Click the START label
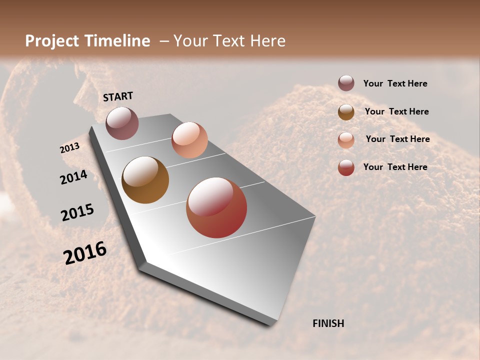[118, 96]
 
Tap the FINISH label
[328, 323]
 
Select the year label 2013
[70, 148]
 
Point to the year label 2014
[74, 177]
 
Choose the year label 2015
[77, 212]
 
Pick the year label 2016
[85, 252]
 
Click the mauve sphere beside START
[122, 123]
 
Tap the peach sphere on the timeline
[189, 140]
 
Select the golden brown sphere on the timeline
[145, 180]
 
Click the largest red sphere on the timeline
[216, 207]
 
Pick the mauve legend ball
[346, 83]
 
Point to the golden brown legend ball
[346, 112]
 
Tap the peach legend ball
[346, 140]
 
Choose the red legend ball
[346, 167]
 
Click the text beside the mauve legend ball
[395, 83]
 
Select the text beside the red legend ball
[395, 167]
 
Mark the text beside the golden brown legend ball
[396, 111]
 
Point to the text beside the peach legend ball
[397, 139]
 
